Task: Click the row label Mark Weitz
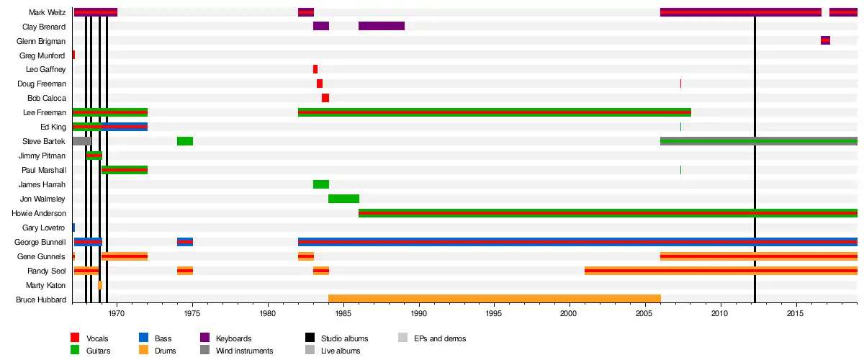point(48,12)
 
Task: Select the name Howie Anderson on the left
point(39,213)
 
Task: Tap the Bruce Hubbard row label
point(41,300)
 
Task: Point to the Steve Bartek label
point(44,141)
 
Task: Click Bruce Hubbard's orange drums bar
point(494,299)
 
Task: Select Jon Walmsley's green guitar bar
point(343,199)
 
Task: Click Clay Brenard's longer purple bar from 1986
point(382,26)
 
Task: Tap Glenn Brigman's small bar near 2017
point(825,40)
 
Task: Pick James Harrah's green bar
point(320,184)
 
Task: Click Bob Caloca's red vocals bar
point(325,98)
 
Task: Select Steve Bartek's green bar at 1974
point(184,141)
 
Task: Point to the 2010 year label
point(719,314)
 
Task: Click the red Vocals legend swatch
point(75,338)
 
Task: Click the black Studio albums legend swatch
point(310,338)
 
